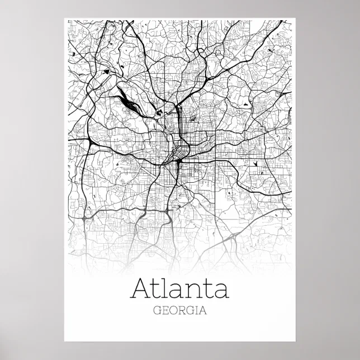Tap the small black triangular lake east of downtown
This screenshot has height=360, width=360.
point(246,104)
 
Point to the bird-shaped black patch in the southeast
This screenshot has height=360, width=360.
point(255,164)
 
